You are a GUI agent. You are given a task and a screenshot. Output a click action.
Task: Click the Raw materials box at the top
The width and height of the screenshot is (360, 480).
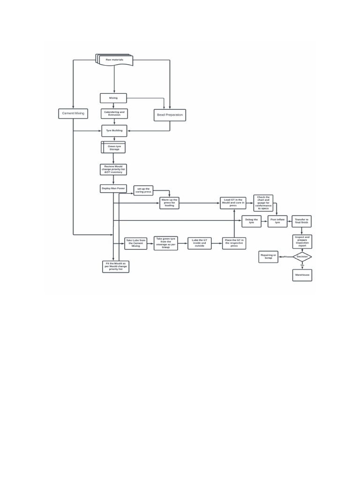(114, 60)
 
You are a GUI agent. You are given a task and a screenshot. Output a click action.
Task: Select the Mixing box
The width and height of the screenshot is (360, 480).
(113, 98)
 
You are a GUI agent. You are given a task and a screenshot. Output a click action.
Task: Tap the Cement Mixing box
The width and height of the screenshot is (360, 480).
(73, 113)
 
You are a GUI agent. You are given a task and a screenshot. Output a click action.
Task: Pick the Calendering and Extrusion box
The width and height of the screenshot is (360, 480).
(114, 113)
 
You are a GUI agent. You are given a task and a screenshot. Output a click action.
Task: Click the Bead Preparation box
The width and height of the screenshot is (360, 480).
(170, 115)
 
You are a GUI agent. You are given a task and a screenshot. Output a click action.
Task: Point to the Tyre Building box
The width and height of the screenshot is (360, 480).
(114, 131)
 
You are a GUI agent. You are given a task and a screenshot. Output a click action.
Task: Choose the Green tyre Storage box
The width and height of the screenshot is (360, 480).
(114, 148)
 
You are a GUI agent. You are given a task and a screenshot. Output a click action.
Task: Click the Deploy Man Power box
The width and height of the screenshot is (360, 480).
(113, 188)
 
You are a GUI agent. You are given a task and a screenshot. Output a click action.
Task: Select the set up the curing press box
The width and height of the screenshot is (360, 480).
(143, 190)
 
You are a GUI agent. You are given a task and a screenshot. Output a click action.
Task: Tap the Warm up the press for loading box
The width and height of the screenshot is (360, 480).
(169, 203)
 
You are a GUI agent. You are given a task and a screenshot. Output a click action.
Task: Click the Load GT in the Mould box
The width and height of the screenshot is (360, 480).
(233, 203)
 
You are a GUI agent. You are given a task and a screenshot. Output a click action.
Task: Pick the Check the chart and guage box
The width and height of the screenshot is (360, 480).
(263, 203)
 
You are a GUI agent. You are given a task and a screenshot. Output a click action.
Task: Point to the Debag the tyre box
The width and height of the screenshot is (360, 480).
(252, 221)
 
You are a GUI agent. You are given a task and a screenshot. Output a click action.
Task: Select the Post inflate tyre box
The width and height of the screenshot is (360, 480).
(277, 221)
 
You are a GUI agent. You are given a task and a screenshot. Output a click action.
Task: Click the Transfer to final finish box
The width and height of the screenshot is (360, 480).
(301, 221)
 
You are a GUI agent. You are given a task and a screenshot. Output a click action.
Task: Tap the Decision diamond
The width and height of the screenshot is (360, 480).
(302, 256)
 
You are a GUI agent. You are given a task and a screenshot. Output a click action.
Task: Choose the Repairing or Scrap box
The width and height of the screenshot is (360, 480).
(268, 256)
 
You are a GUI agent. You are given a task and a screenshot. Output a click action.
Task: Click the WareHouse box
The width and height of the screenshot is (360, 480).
(302, 275)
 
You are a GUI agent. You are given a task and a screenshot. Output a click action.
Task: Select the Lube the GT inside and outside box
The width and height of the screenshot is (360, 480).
(199, 243)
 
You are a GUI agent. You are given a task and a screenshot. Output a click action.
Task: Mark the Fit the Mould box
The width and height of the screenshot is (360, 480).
(115, 267)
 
